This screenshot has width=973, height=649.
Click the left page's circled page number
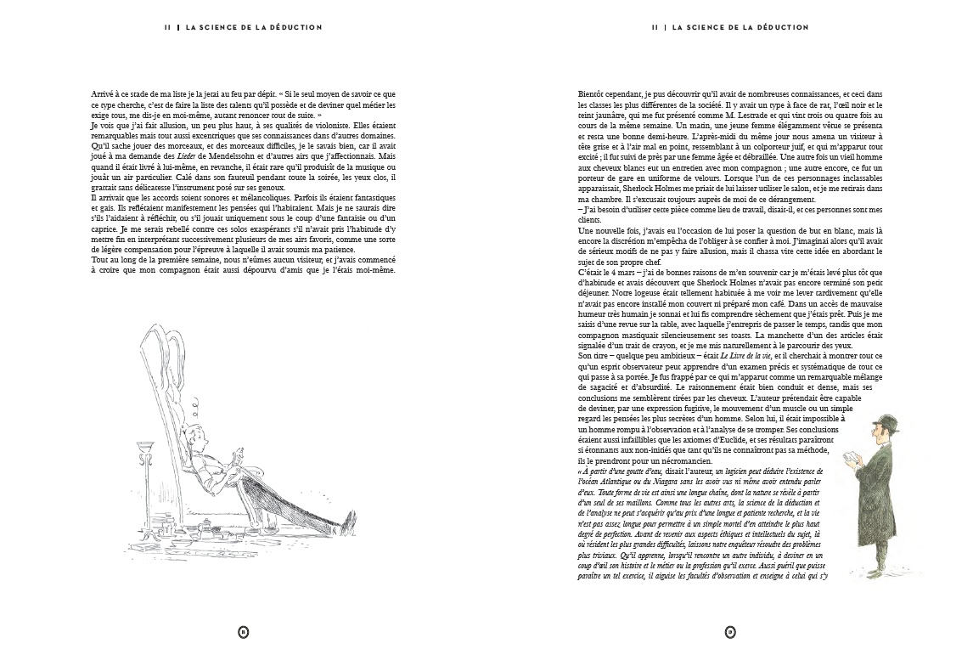point(244,631)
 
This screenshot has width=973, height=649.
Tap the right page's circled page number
point(729,631)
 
